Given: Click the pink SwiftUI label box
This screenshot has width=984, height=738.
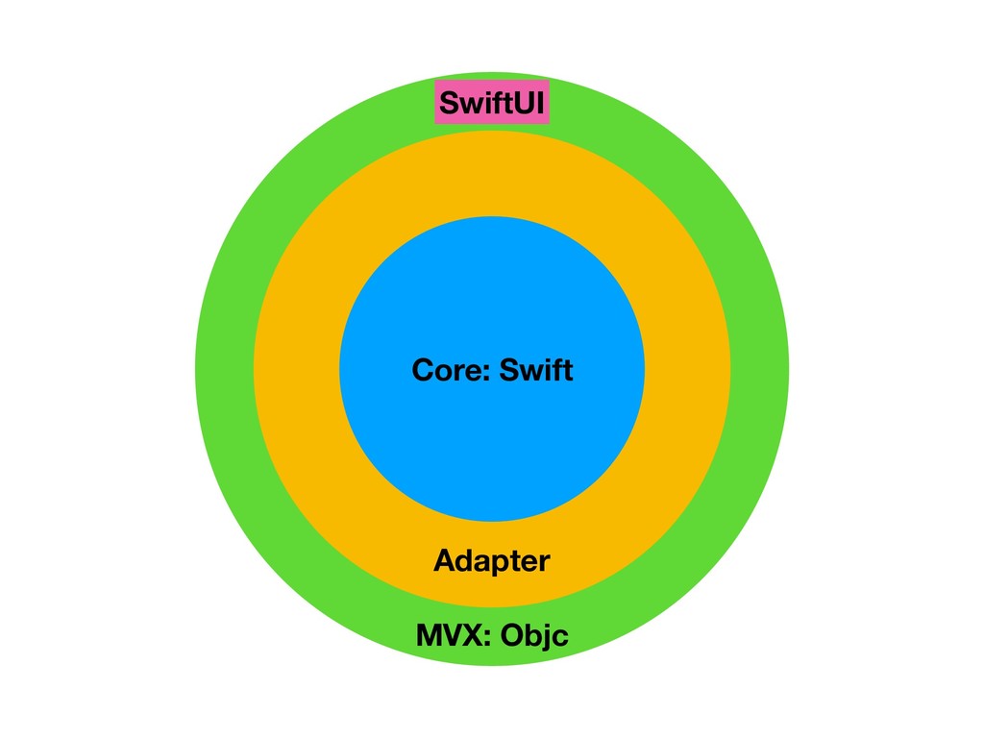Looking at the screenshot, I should (x=492, y=103).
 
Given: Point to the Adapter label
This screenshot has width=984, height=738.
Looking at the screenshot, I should (x=492, y=560).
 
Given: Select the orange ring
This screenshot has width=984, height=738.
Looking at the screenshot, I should (x=298, y=370).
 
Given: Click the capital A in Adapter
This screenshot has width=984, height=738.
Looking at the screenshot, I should (x=444, y=560).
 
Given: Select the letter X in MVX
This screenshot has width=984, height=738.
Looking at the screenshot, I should (x=472, y=635).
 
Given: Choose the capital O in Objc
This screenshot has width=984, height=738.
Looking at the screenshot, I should (x=510, y=635).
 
